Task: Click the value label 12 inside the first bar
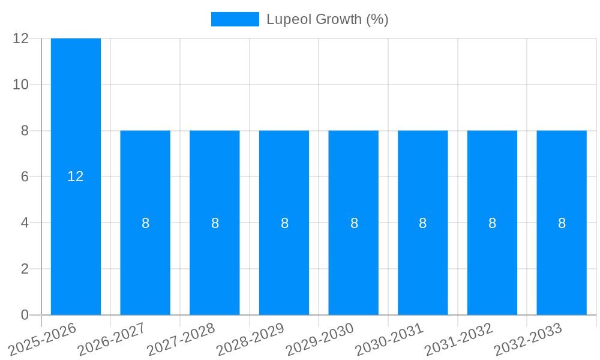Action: click(76, 176)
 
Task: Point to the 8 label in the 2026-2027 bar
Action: click(145, 223)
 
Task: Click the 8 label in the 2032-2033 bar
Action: click(562, 223)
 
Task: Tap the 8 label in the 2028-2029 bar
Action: click(284, 223)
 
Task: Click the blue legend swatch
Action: click(235, 19)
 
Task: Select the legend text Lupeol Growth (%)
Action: click(328, 19)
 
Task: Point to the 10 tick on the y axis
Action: click(21, 85)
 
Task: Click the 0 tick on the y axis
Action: click(25, 315)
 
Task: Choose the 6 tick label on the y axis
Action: click(25, 177)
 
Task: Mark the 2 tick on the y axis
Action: click(25, 269)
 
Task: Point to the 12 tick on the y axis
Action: click(21, 38)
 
